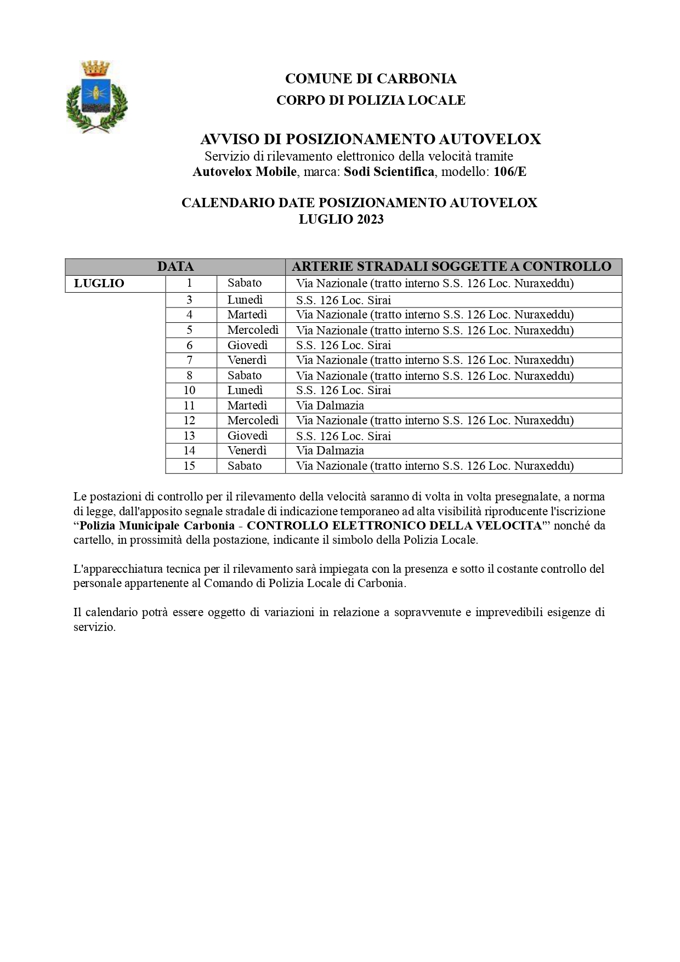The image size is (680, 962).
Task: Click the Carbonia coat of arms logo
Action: click(97, 96)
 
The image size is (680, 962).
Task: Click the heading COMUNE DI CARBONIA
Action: click(370, 79)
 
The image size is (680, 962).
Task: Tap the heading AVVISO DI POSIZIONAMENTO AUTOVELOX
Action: click(370, 139)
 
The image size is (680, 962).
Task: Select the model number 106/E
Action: click(509, 172)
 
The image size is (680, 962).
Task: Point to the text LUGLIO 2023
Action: click(341, 219)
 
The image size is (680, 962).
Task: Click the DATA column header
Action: click(175, 267)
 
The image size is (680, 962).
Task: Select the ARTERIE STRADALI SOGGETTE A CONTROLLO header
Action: click(451, 267)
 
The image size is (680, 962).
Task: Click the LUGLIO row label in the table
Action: click(99, 283)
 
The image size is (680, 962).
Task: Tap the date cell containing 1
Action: click(190, 283)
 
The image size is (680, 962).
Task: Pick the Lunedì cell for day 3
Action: click(245, 300)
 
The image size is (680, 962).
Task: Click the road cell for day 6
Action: click(343, 345)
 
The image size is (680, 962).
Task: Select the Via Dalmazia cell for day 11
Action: click(330, 406)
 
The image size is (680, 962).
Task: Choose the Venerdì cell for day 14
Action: click(247, 451)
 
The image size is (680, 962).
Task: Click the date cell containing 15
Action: click(189, 466)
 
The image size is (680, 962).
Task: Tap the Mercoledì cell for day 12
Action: click(253, 420)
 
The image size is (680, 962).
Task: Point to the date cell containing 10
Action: click(189, 390)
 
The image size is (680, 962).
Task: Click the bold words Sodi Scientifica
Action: click(389, 172)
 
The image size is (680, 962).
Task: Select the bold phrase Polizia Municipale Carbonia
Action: click(157, 525)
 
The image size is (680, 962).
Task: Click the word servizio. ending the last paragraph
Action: click(94, 627)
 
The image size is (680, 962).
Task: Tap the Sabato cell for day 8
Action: click(245, 375)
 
